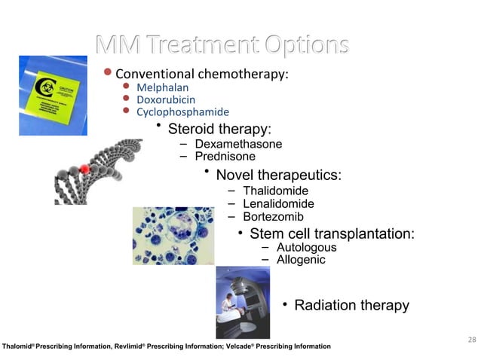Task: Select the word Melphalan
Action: [x=162, y=87]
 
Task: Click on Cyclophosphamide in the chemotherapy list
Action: [x=172, y=112]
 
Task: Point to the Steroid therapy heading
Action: [x=219, y=129]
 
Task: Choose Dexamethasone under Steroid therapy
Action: [x=238, y=145]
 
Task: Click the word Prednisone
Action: [x=225, y=157]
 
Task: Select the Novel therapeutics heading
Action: [x=278, y=175]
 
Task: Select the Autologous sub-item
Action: [x=306, y=248]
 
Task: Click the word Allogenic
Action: [x=301, y=260]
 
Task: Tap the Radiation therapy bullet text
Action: [x=351, y=305]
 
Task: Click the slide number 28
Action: [x=471, y=340]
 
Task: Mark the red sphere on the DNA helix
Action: [x=84, y=171]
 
